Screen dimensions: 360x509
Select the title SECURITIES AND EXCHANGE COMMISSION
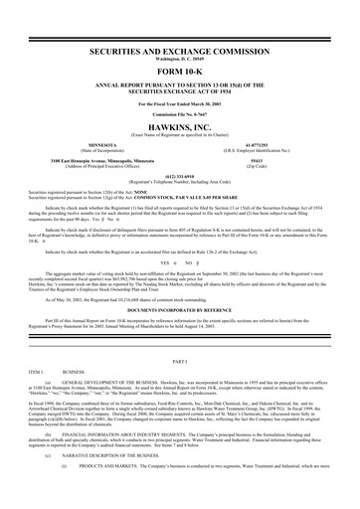(180, 48)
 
